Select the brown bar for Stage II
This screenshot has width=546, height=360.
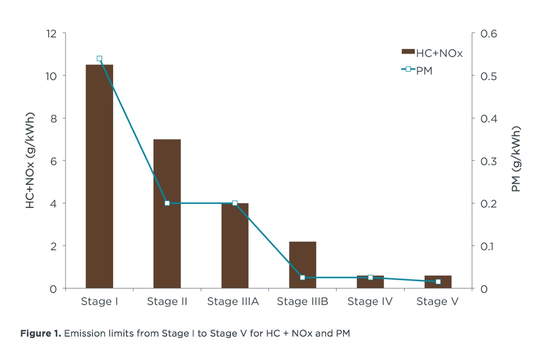[167, 214]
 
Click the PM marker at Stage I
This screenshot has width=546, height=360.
[99, 58]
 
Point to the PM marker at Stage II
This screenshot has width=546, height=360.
[167, 203]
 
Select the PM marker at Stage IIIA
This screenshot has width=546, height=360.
[235, 203]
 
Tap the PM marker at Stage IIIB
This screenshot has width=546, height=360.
[303, 277]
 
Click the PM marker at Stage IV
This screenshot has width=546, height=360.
[370, 277]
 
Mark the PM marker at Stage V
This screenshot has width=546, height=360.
[438, 282]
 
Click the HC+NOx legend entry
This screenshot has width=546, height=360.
[432, 53]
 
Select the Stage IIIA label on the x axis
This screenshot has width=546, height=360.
[233, 302]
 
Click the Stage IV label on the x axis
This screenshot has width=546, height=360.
[370, 302]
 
